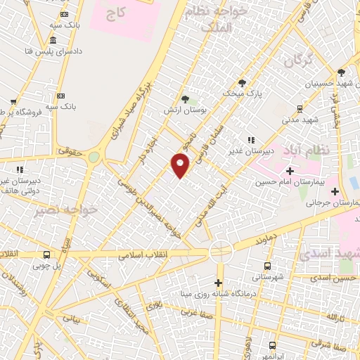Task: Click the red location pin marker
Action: click(181, 165)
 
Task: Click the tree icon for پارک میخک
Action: click(242, 82)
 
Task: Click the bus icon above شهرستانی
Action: click(267, 266)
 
